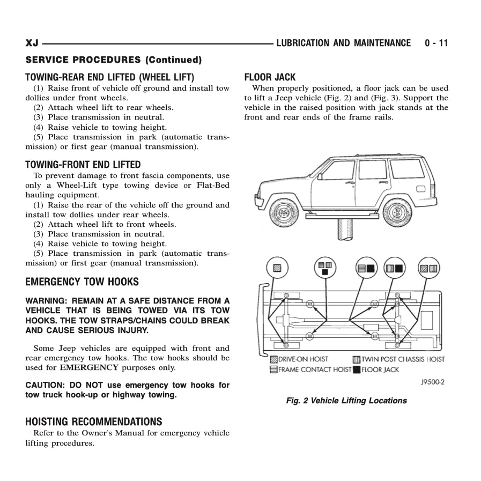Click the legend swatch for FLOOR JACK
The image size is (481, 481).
tap(357, 369)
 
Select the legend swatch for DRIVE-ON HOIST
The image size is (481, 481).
tap(274, 359)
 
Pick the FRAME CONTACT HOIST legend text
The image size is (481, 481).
tap(315, 369)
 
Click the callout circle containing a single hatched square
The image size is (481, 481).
tap(277, 268)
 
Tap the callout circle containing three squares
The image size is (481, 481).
tap(325, 268)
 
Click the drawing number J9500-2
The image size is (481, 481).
tap(433, 382)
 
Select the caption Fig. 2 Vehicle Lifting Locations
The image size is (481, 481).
tap(346, 401)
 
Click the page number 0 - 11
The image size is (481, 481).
tap(436, 43)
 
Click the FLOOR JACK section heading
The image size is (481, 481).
tap(270, 77)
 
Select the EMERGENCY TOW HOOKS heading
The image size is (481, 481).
tap(82, 282)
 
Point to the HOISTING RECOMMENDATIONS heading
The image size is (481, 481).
tap(93, 421)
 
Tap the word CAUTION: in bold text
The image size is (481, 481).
tap(45, 385)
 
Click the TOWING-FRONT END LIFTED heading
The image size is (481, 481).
tap(83, 165)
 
